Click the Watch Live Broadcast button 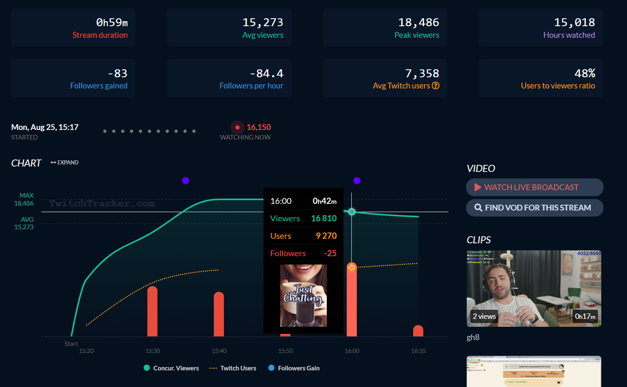(x=534, y=187)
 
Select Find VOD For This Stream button (x=534, y=208)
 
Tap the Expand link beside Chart (x=65, y=162)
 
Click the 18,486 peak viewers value (x=419, y=22)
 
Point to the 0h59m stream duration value (x=112, y=22)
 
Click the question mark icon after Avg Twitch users (x=436, y=86)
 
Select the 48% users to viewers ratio (x=585, y=73)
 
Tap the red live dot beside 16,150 (x=237, y=127)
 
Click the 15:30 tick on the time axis (x=152, y=351)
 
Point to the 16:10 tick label (x=418, y=351)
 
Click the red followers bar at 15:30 (x=152, y=311)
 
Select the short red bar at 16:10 (x=418, y=331)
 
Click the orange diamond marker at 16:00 (x=352, y=267)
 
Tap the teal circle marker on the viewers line (x=352, y=212)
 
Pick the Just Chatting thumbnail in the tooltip (x=304, y=296)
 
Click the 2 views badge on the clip (x=484, y=316)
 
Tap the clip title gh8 (x=473, y=337)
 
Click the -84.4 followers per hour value (x=267, y=73)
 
